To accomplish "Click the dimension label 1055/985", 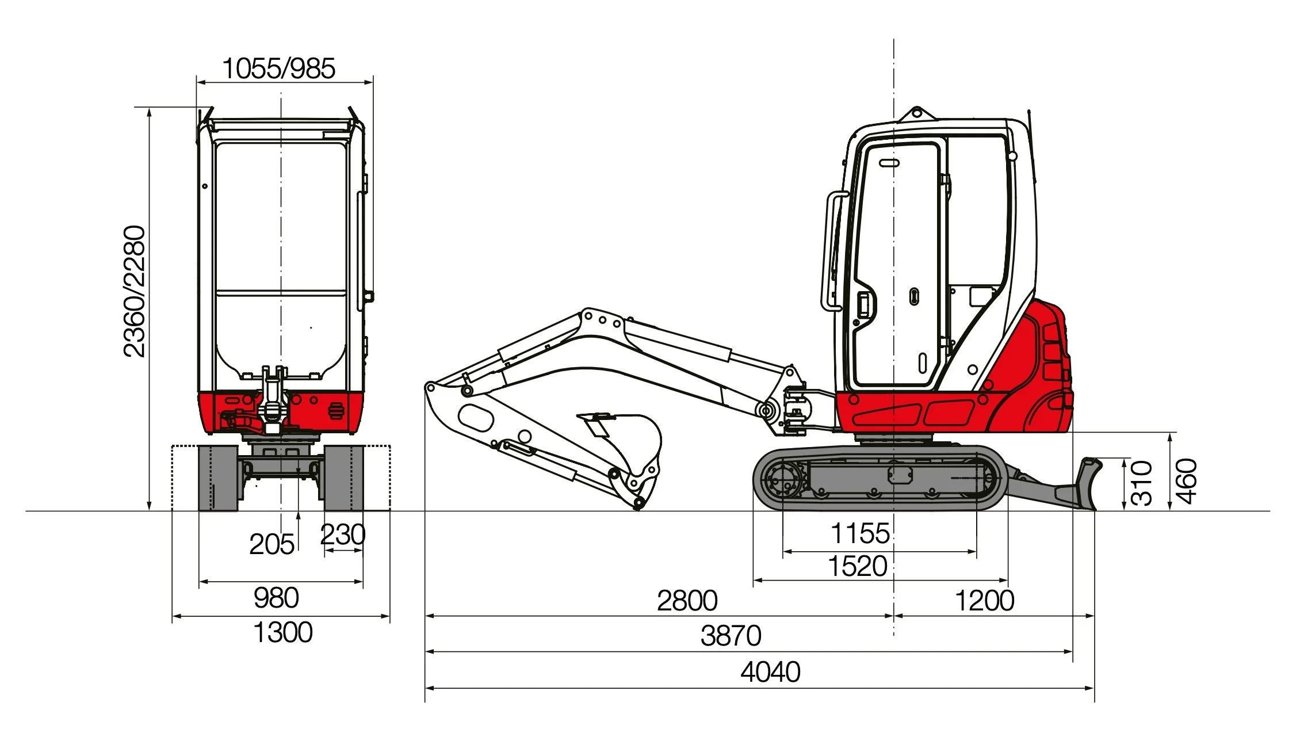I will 278,68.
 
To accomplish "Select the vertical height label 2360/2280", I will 135,291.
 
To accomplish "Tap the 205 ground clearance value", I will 272,544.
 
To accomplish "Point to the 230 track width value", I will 342,535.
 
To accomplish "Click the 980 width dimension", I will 276,598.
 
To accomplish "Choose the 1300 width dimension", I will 282,632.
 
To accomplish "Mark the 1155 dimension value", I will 860,533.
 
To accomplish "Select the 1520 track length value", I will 857,566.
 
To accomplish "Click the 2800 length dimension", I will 687,601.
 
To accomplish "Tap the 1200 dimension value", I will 984,601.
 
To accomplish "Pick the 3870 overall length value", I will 731,636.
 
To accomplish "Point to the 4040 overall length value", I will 770,671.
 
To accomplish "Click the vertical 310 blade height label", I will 1142,483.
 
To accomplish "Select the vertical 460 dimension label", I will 1186,481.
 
